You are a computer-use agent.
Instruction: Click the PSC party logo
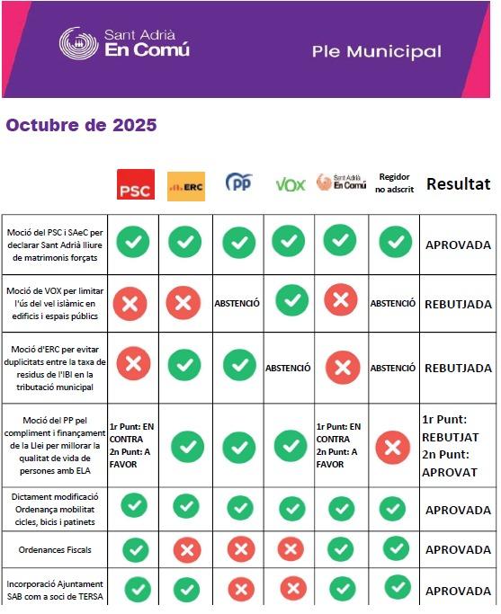click(136, 184)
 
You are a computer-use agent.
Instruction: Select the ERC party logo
click(186, 186)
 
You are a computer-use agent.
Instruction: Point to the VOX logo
click(290, 184)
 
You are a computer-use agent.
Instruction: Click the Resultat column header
click(458, 184)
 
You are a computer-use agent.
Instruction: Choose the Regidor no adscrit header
click(394, 183)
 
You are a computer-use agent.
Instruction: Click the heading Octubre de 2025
click(81, 125)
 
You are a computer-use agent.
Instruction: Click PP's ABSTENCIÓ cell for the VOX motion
click(237, 303)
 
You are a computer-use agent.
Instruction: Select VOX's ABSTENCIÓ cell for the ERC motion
click(288, 368)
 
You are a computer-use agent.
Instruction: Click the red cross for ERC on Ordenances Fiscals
click(186, 548)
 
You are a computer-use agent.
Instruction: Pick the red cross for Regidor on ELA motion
click(393, 447)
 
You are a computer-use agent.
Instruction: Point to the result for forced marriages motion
click(458, 245)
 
